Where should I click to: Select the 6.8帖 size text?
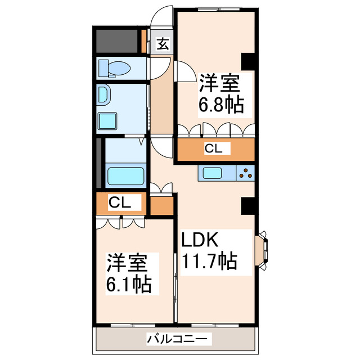[220, 105]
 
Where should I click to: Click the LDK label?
[199, 241]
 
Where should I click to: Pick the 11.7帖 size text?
[208, 262]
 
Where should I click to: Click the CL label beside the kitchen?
[214, 149]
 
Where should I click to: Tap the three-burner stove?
[245, 173]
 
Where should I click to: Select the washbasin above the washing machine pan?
[105, 96]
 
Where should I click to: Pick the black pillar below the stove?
[248, 206]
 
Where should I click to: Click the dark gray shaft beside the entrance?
[117, 40]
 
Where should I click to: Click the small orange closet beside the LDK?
[162, 205]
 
